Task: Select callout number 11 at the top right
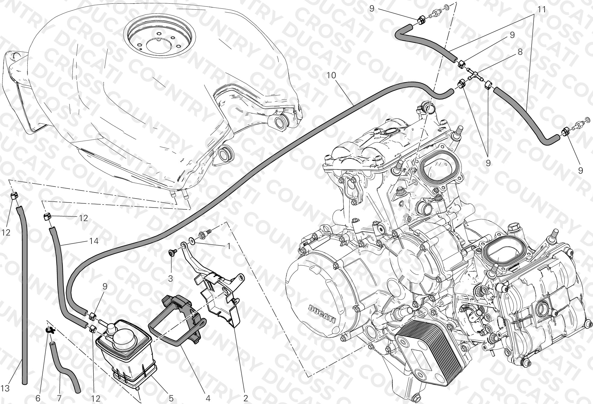[x=541, y=10]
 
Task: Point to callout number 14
[x=94, y=241]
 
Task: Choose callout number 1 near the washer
[x=228, y=246]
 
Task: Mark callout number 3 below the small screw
[x=170, y=279]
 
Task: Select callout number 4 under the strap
[x=208, y=399]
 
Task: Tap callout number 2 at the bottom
[x=246, y=399]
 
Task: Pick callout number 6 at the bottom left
[x=38, y=399]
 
